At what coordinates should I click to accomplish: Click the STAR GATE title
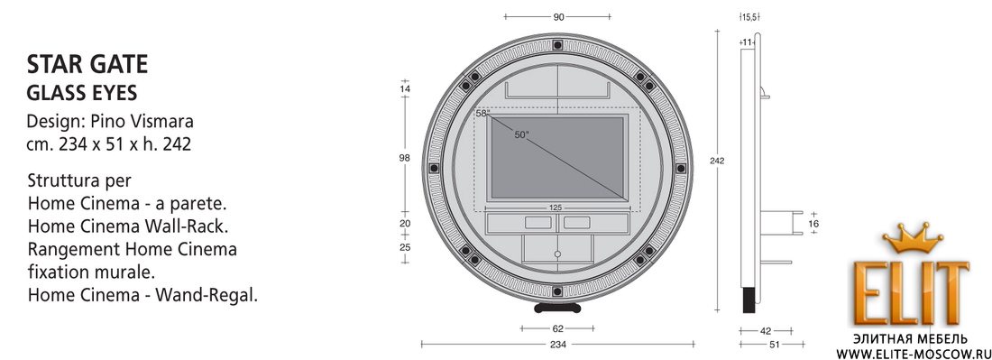pyautogui.click(x=87, y=65)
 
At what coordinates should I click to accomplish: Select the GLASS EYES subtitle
pyautogui.click(x=82, y=93)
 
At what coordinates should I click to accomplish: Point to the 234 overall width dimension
pyautogui.click(x=557, y=344)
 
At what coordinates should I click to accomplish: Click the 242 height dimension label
pyautogui.click(x=717, y=161)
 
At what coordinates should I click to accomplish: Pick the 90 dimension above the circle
pyautogui.click(x=558, y=17)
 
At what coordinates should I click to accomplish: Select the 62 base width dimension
pyautogui.click(x=557, y=328)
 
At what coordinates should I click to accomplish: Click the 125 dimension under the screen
pyautogui.click(x=556, y=208)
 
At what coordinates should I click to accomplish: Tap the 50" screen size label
pyautogui.click(x=522, y=134)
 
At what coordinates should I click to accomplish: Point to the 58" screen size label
pyautogui.click(x=482, y=114)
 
